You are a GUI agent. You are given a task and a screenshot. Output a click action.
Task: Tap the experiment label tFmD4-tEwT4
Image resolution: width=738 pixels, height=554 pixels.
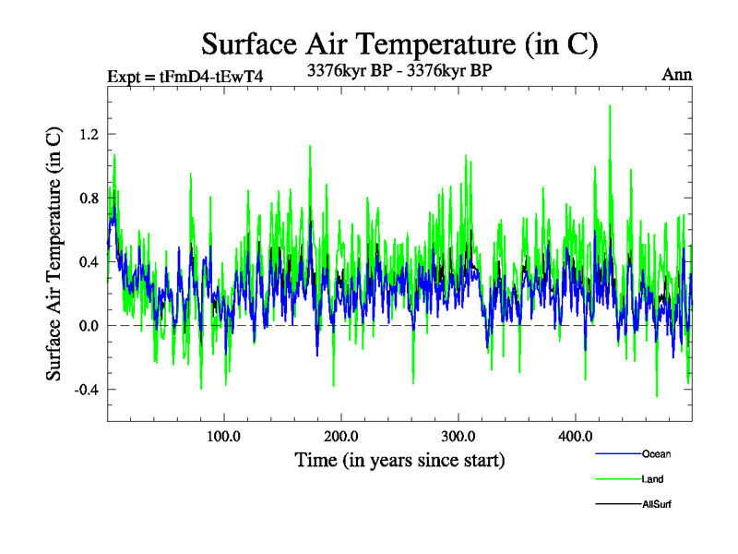pyautogui.click(x=185, y=77)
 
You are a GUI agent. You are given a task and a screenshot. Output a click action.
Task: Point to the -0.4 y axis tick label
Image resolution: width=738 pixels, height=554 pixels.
pyautogui.click(x=84, y=389)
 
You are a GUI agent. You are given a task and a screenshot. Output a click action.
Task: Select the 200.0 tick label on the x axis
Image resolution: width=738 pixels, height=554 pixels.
pyautogui.click(x=341, y=436)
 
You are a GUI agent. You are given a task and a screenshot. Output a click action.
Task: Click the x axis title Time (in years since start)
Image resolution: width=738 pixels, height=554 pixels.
pyautogui.click(x=399, y=459)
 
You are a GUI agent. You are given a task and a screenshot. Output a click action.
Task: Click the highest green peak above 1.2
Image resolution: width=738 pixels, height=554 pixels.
pyautogui.click(x=610, y=106)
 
